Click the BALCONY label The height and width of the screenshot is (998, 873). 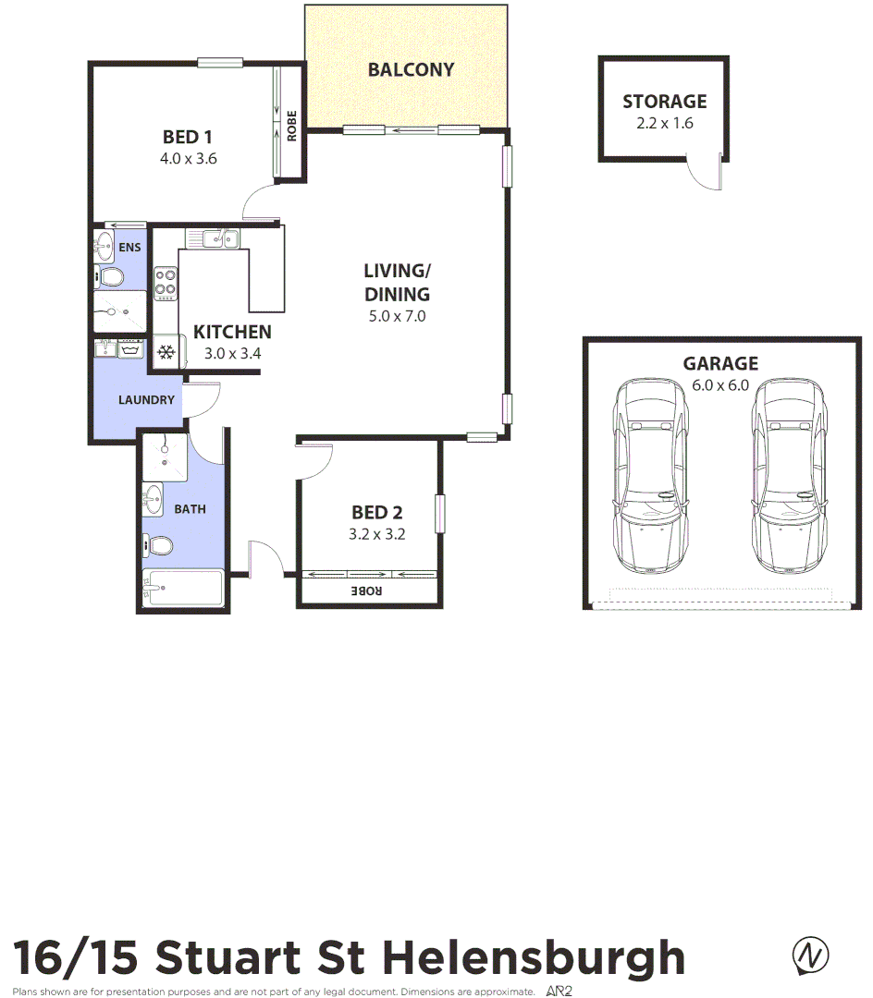click(x=411, y=69)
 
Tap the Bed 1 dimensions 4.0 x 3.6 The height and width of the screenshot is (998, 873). click(x=189, y=158)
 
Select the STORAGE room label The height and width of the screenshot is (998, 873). click(x=664, y=102)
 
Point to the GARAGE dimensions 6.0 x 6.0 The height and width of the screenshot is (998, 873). click(x=720, y=385)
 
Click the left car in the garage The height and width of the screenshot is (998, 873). click(x=651, y=477)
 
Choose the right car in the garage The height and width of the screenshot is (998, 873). click(x=788, y=477)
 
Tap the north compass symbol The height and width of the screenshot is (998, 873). click(x=810, y=955)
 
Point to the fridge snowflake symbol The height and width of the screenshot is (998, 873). click(x=166, y=352)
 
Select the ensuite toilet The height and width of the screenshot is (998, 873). click(x=111, y=276)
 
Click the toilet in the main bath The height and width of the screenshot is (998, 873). click(x=159, y=545)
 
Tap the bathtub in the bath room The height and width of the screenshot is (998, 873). click(x=184, y=587)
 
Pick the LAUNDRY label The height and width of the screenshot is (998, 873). click(x=146, y=400)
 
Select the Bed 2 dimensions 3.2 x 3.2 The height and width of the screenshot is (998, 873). click(x=377, y=533)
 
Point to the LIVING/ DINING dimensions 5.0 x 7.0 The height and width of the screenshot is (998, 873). click(x=397, y=316)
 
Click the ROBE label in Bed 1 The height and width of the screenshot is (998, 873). click(x=292, y=126)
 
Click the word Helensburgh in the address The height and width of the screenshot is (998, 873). click(x=534, y=957)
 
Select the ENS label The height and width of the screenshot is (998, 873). click(x=130, y=247)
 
